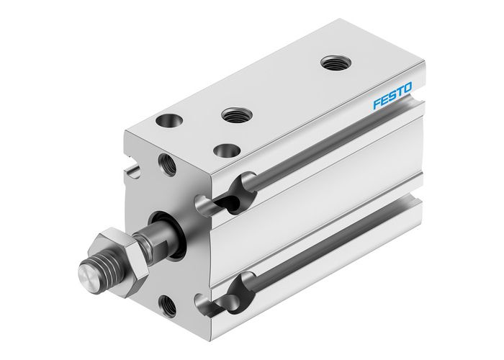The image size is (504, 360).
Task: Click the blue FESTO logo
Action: pos(392,96)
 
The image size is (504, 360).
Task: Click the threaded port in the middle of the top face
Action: pos(234,114)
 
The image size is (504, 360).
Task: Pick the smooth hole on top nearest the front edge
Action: pos(228,150)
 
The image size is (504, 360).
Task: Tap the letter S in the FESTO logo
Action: pos(392,96)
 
